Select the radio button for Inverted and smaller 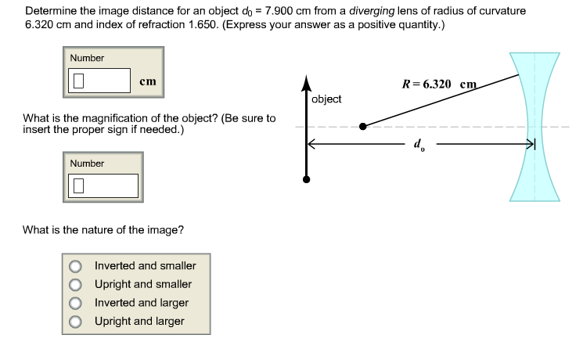click(76, 266)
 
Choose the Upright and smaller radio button click(76, 285)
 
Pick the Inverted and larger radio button click(76, 303)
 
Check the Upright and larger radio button click(76, 322)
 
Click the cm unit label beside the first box click(147, 81)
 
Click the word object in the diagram click(326, 99)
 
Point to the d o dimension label click(419, 146)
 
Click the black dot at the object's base click(306, 179)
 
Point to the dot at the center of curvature click(362, 126)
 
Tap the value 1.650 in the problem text click(200, 24)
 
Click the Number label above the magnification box click(87, 163)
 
